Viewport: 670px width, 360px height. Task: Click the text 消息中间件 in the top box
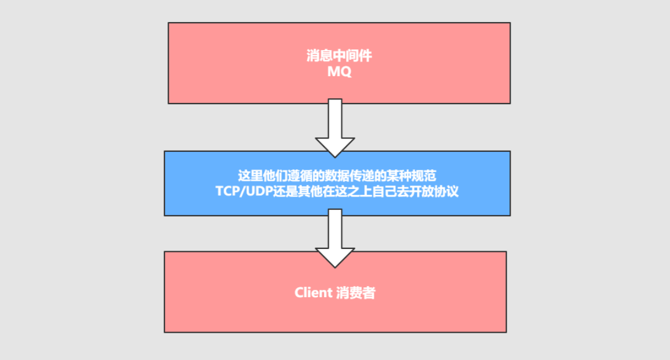[x=339, y=56]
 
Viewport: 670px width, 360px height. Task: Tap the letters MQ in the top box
[x=339, y=72]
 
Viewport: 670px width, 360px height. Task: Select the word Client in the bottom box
[x=312, y=293]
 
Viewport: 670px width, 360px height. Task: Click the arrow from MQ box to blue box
[x=335, y=125]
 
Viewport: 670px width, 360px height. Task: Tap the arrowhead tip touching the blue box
[x=335, y=155]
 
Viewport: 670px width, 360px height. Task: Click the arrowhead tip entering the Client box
[x=335, y=266]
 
